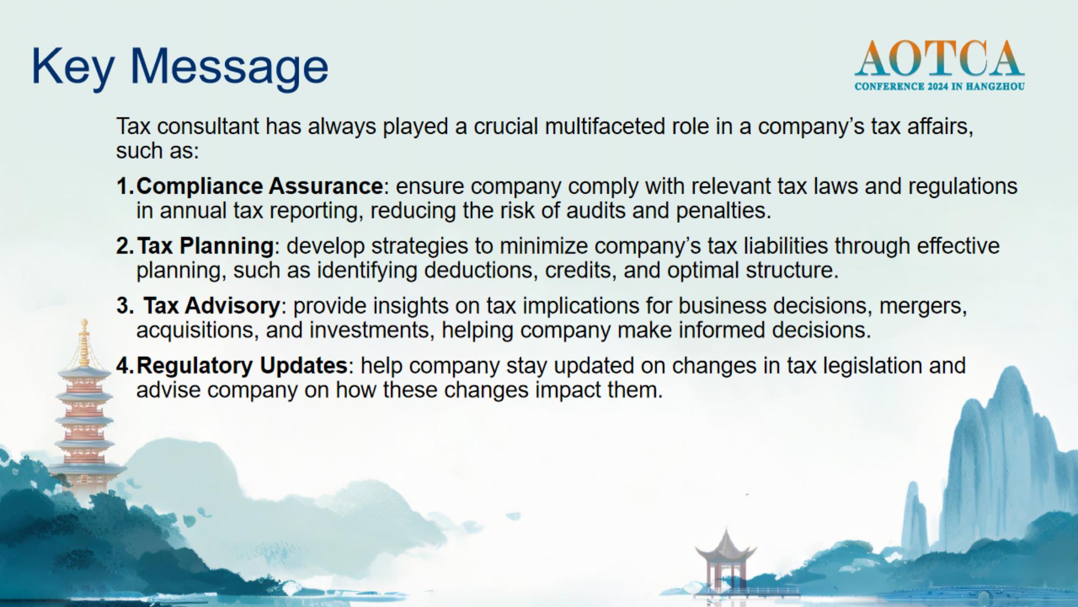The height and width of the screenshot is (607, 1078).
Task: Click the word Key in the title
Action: [73, 67]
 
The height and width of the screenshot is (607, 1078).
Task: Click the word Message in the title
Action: [229, 67]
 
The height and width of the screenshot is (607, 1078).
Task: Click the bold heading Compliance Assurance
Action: [260, 186]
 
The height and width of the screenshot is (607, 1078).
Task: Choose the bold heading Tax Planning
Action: [205, 246]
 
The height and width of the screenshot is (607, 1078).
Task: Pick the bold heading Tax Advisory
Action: [212, 306]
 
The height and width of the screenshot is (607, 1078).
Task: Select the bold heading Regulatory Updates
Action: [242, 366]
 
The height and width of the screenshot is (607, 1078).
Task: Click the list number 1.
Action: [125, 186]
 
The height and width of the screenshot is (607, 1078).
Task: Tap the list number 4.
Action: [125, 366]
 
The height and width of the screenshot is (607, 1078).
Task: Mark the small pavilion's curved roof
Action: [725, 546]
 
